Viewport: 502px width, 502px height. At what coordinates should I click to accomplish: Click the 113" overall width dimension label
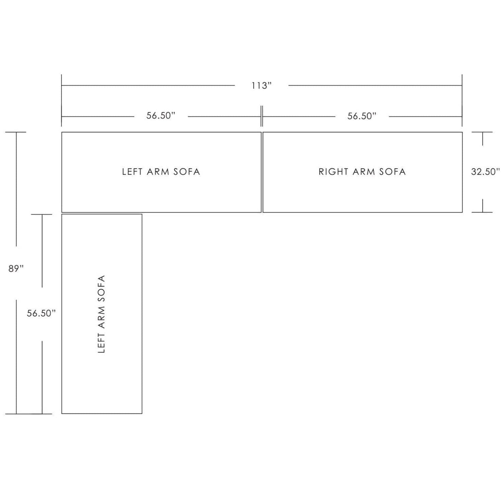tap(261, 86)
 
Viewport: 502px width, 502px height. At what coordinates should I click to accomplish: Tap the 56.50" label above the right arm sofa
tap(362, 116)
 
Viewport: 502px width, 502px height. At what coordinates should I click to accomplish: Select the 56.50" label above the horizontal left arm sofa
tap(161, 116)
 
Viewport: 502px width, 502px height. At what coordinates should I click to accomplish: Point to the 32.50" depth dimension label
tap(485, 172)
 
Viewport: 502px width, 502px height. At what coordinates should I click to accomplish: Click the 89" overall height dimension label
tap(16, 269)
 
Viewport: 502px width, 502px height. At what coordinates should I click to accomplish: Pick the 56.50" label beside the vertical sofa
tap(41, 313)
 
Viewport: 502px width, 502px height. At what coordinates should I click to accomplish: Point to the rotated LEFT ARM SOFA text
tap(101, 314)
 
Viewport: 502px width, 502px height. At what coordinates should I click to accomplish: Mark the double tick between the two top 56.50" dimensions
tap(262, 116)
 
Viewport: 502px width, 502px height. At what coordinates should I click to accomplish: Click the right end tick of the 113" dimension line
tap(462, 100)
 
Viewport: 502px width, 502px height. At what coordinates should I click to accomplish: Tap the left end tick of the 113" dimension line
tap(61, 100)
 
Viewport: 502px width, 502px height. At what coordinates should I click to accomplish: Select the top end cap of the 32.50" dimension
tap(482, 132)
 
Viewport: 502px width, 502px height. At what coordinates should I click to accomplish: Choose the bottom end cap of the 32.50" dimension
tap(482, 212)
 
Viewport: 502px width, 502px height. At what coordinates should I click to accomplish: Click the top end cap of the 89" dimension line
tap(16, 132)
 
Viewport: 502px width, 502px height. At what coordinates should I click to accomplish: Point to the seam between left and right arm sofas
tap(262, 172)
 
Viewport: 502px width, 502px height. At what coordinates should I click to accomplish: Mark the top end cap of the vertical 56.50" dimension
tap(42, 214)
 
